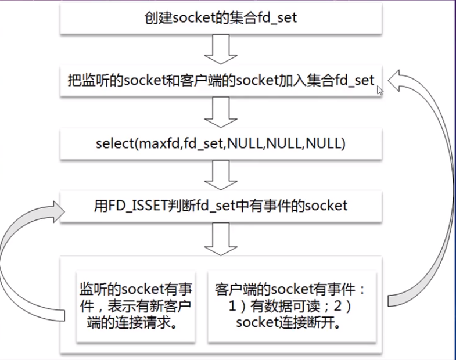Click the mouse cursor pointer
pyautogui.click(x=379, y=91)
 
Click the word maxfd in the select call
pyautogui.click(x=157, y=143)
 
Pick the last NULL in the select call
pyautogui.click(x=326, y=143)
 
